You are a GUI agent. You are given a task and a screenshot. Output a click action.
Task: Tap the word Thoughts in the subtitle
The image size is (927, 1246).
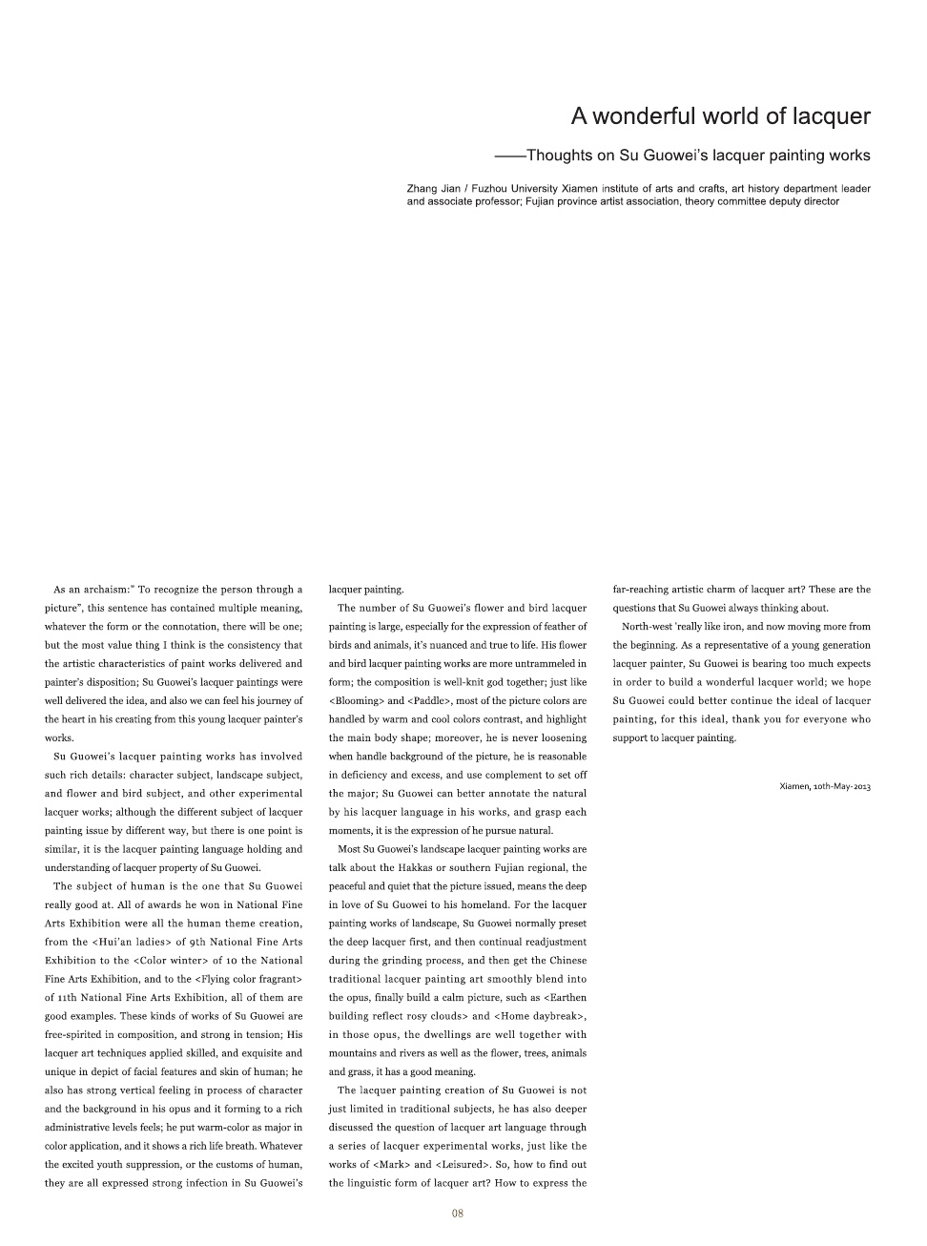(562, 155)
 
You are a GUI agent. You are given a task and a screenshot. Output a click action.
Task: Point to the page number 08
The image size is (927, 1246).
(458, 1214)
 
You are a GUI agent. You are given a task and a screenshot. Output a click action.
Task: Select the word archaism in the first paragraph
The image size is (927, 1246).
(101, 590)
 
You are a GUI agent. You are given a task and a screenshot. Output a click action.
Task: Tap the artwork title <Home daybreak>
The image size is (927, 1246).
(540, 1016)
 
